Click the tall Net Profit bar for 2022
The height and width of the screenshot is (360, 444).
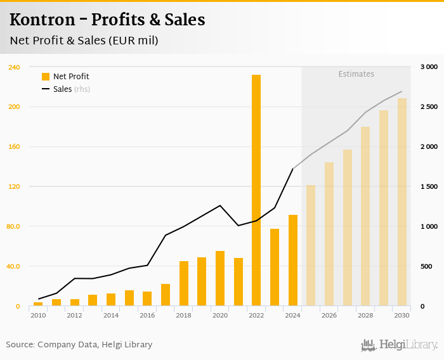256,190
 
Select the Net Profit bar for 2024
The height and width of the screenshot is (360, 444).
292,260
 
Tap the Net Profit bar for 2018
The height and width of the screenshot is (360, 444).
183,283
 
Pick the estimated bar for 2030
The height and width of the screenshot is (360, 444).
402,202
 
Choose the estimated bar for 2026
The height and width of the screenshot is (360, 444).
329,234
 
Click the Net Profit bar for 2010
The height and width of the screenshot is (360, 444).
38,304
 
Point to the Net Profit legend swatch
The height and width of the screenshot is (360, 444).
46,77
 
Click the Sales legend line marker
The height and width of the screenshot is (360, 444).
46,89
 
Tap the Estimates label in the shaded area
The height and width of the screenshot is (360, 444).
356,74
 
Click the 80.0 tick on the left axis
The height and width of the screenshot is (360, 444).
13,226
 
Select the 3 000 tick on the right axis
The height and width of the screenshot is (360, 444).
429,67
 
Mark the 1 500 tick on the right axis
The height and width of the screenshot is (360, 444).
429,186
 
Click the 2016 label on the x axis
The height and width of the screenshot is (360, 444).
147,315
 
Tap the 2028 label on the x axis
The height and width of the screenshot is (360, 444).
365,315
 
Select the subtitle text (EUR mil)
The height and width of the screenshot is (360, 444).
133,41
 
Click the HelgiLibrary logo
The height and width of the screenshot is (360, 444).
399,345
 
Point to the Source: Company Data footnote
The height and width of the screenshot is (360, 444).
79,345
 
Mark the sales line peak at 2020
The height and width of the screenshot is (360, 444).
220,205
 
